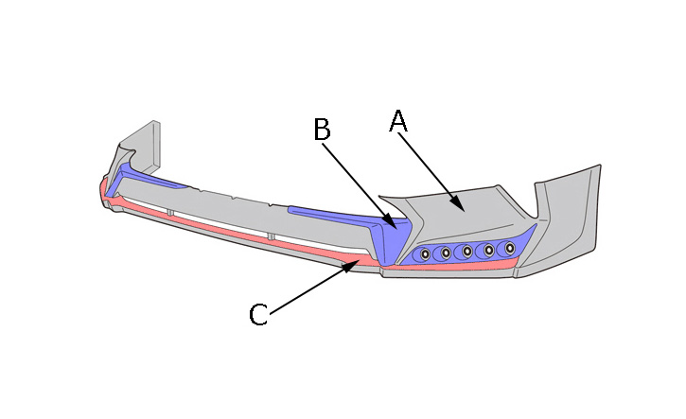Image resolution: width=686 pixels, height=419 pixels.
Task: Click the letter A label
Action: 398,121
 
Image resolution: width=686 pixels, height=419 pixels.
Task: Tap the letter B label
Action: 322,129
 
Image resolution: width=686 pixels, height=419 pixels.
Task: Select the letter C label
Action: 258,314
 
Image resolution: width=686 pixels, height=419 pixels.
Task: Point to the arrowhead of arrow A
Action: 458,203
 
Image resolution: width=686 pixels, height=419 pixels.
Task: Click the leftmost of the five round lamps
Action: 425,254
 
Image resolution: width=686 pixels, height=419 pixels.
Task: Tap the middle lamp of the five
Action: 467,251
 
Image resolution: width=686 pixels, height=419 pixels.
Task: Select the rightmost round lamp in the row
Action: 509,248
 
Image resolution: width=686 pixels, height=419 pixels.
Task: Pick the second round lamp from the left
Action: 447,253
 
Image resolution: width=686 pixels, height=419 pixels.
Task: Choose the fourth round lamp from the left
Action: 488,250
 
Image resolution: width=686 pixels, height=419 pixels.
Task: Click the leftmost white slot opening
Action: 146,203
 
